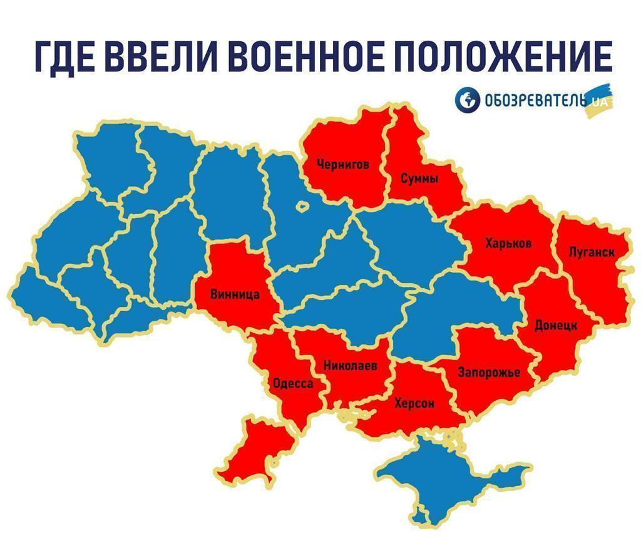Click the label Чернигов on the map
[x=342, y=165]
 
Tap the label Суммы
[x=419, y=178]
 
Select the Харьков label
[x=508, y=243]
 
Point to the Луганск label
[x=592, y=252]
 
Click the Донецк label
[x=556, y=326]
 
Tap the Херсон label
[x=414, y=404]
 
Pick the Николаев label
[x=351, y=366]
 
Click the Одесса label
[x=293, y=383]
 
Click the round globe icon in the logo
[x=466, y=100]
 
